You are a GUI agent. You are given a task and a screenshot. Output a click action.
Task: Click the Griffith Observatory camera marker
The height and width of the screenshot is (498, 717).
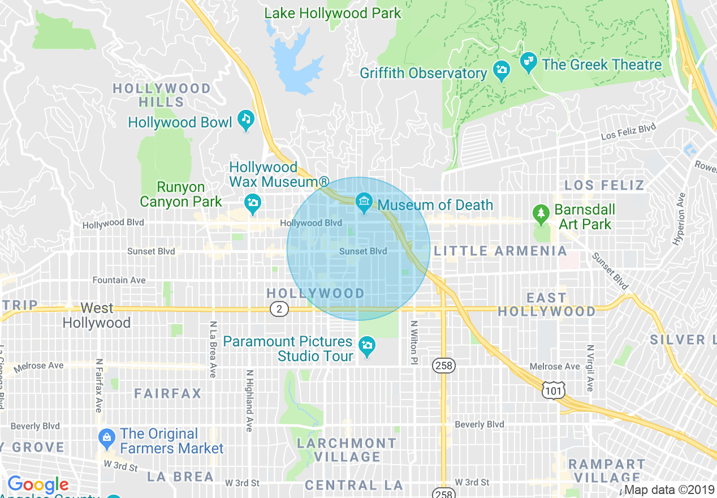click(x=501, y=71)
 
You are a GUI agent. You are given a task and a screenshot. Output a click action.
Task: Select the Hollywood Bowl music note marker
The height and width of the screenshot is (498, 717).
click(x=246, y=119)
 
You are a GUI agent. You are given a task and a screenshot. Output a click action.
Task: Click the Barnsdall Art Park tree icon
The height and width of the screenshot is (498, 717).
click(x=542, y=213)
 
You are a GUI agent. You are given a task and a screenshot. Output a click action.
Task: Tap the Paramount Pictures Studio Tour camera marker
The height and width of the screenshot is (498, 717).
click(x=368, y=345)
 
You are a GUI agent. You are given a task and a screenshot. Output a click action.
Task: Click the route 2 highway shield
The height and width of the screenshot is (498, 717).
click(x=279, y=309)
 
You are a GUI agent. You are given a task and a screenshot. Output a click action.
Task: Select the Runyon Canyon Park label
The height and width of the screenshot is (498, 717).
click(x=181, y=194)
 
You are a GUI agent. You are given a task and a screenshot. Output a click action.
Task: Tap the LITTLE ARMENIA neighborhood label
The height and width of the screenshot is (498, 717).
click(x=500, y=251)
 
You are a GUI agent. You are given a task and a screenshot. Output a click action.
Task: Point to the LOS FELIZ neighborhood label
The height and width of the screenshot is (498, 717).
click(x=604, y=185)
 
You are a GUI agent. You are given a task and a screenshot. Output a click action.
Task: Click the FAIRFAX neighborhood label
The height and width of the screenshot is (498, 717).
click(x=168, y=393)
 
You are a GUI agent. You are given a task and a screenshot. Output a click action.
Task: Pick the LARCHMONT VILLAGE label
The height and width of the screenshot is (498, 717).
click(x=347, y=450)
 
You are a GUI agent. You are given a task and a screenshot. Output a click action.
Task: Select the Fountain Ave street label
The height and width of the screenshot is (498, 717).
click(x=119, y=280)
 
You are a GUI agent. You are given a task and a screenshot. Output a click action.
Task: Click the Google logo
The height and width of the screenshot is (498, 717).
click(x=38, y=484)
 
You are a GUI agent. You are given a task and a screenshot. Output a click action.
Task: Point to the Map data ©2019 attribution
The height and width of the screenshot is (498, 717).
click(x=669, y=490)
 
